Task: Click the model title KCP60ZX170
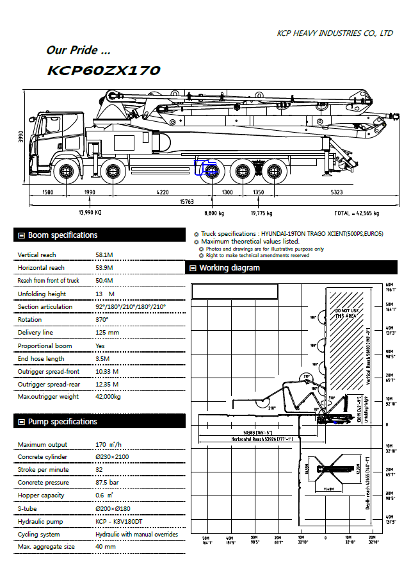(103, 71)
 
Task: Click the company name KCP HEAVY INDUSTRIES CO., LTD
(334, 33)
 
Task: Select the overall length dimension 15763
(186, 201)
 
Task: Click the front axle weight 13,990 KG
(90, 213)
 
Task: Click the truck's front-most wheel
(66, 171)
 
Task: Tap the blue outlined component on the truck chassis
(206, 168)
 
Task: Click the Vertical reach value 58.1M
(104, 255)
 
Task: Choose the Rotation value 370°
(102, 319)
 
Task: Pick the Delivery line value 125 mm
(107, 333)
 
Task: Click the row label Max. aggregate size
(46, 547)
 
